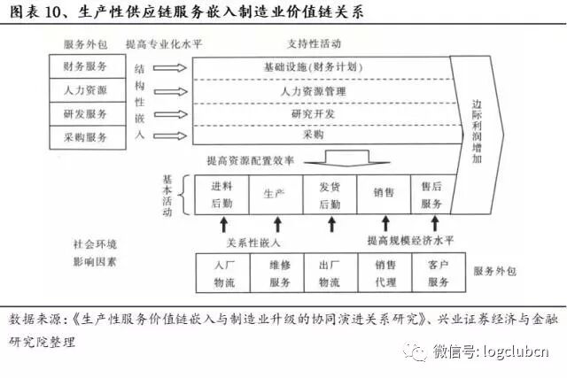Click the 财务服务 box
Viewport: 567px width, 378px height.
tap(86, 66)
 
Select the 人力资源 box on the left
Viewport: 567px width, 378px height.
tap(86, 89)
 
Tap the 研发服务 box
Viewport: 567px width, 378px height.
tap(86, 113)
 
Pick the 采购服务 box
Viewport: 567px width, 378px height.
tap(86, 136)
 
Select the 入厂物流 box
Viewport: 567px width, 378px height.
tap(221, 273)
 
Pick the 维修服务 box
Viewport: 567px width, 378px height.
tap(276, 273)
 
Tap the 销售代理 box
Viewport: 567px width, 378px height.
tap(384, 273)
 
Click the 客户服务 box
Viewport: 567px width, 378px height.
tap(439, 273)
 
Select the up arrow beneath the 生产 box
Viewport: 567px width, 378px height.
tap(276, 224)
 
